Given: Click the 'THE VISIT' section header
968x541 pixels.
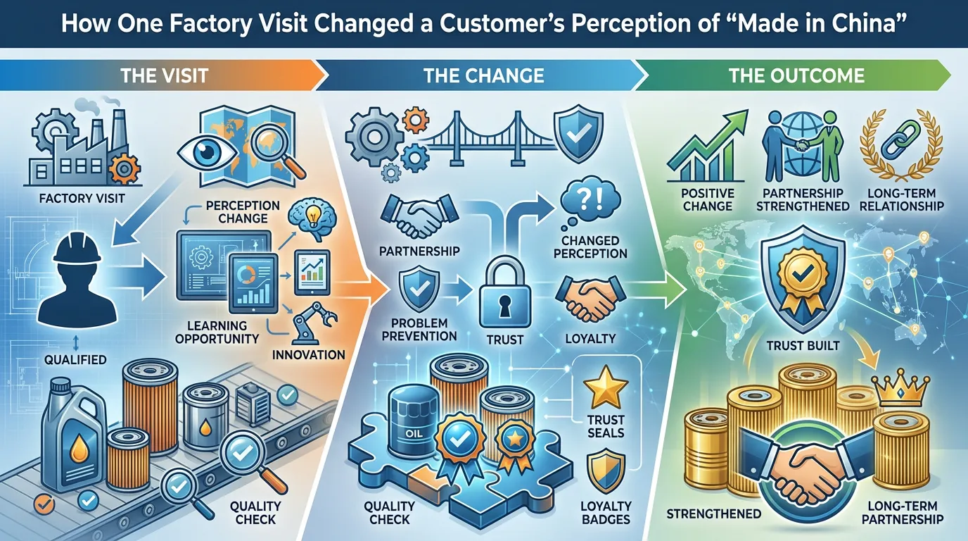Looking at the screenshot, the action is point(164,76).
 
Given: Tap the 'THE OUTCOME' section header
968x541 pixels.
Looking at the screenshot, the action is point(796,76).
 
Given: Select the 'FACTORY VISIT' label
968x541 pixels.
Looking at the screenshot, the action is point(82,199).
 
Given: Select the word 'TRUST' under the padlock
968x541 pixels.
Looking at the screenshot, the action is point(504,340).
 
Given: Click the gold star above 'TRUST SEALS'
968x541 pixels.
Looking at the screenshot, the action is point(606,387).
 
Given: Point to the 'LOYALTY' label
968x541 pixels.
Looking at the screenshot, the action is point(590,338).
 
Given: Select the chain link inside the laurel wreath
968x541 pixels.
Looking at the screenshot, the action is point(900,139).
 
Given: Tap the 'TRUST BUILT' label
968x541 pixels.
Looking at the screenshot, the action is point(803,346).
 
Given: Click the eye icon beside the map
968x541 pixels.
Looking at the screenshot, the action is point(208,152).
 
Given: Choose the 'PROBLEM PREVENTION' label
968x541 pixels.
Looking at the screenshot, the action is point(419,330).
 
